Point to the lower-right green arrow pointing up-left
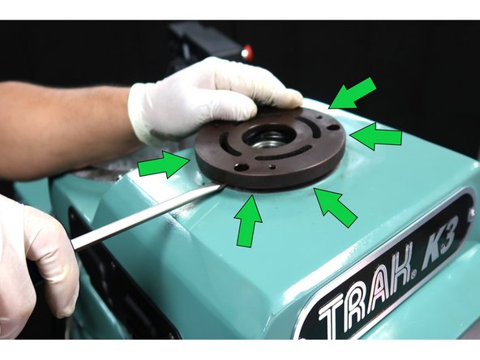point(336,207)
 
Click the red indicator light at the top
point(246,54)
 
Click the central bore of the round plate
point(268,137)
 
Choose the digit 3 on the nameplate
point(456,230)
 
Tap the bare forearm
point(57,122)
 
